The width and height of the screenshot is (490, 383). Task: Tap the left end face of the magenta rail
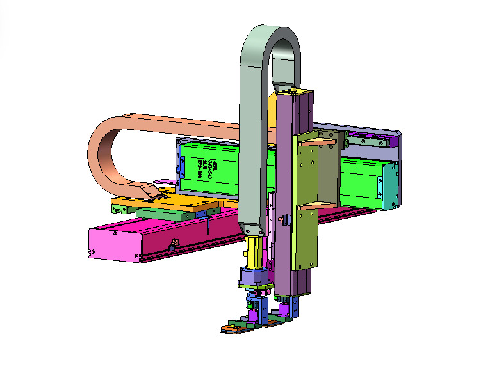coord(112,244)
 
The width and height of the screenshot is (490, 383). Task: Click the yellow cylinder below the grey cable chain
coord(254,251)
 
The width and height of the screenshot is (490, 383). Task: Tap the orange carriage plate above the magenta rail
coord(163,203)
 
